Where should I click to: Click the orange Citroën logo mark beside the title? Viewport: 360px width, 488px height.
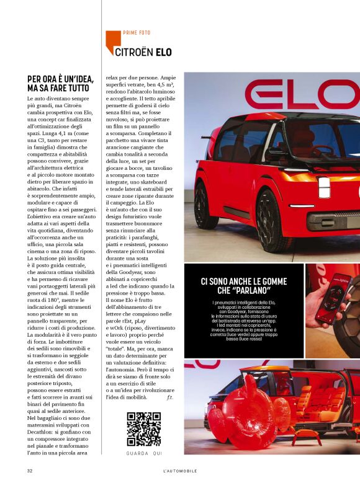click(x=112, y=42)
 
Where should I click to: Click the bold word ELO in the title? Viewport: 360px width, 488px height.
click(x=163, y=51)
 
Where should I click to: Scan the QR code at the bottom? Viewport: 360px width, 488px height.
click(x=144, y=429)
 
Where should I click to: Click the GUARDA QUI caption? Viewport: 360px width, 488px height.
click(x=144, y=453)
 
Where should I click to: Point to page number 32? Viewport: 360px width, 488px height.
click(x=30, y=471)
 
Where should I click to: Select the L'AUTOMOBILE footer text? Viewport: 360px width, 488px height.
click(x=179, y=471)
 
